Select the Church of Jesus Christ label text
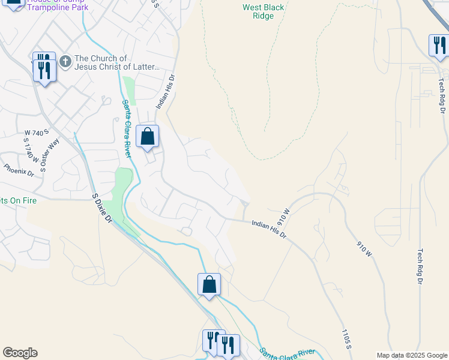[118, 63]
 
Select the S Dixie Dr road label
[102, 208]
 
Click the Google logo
[20, 353]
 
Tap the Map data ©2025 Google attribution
[411, 355]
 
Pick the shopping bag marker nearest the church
[148, 137]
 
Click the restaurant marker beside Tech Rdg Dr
[439, 46]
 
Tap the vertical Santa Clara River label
[127, 128]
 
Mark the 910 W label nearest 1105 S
[365, 250]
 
